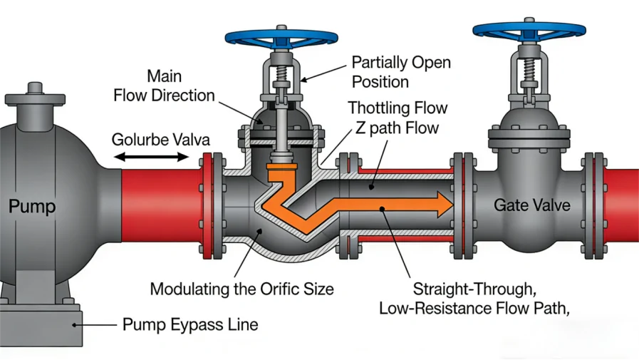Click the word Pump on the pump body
pyautogui.click(x=33, y=207)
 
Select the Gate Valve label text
pyautogui.click(x=532, y=205)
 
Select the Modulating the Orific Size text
pyautogui.click(x=241, y=289)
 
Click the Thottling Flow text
pyautogui.click(x=398, y=108)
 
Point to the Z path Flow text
pyautogui.click(x=395, y=128)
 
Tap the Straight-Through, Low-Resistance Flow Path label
pyautogui.click(x=474, y=299)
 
